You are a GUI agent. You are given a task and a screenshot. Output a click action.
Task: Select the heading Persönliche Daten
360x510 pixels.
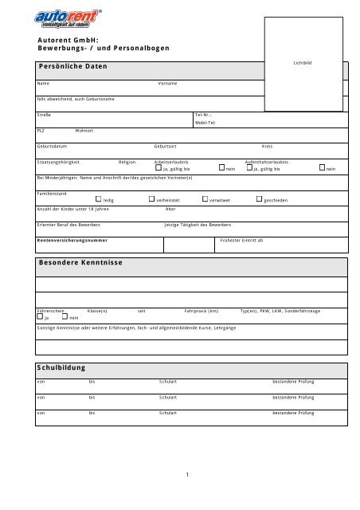pos(72,66)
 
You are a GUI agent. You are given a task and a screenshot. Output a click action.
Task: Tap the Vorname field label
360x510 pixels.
pos(168,84)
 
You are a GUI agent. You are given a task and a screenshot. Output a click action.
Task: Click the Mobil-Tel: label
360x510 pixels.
pos(208,124)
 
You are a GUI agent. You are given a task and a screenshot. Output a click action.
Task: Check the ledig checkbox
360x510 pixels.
pos(98,199)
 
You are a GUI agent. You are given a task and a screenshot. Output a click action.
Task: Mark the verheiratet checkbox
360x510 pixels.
pos(151,199)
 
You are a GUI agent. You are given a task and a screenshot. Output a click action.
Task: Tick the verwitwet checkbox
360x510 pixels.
pos(205,199)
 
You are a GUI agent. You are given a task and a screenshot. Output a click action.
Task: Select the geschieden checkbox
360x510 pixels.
pos(259,199)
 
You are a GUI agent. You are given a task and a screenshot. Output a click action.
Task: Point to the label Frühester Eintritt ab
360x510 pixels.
pos(241,240)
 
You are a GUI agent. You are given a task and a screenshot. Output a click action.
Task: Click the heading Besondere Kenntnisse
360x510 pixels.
pos(80,261)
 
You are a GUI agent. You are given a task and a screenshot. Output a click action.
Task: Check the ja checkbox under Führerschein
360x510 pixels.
pos(39,317)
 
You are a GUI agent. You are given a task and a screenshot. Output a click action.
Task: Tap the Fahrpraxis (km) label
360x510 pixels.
pos(201,310)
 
